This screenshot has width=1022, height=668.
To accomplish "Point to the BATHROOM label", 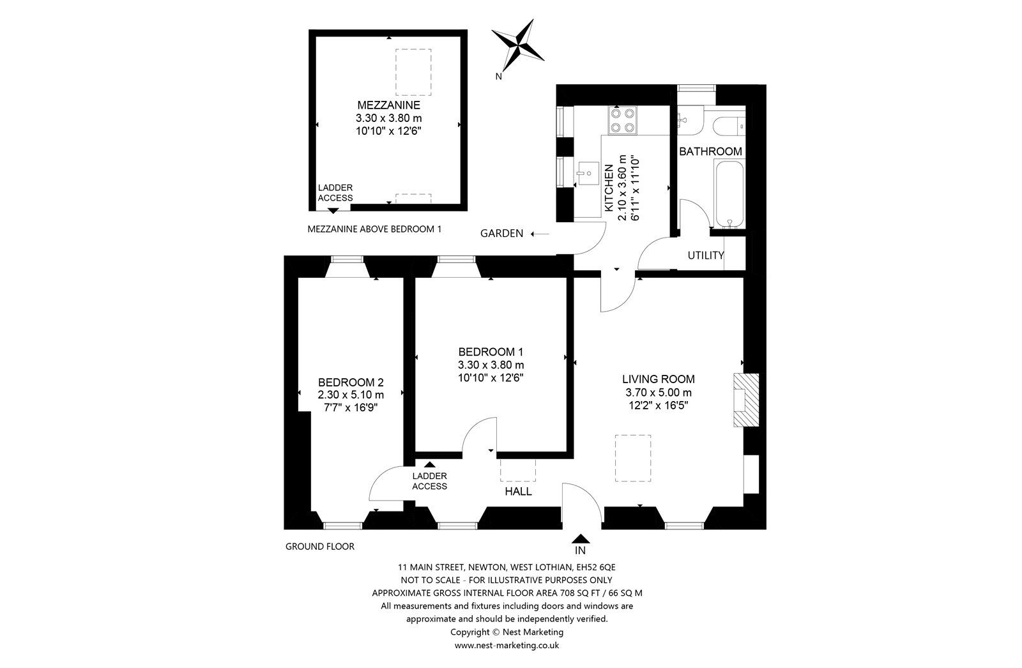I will click(x=710, y=151).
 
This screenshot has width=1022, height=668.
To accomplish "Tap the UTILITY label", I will click(x=706, y=255).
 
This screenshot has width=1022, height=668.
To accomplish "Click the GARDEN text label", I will click(x=502, y=234).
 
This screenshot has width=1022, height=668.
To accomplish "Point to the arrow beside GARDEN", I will click(x=540, y=234).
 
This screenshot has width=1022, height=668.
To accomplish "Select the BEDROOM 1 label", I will click(x=491, y=352).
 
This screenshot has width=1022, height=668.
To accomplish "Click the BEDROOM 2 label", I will click(x=351, y=383).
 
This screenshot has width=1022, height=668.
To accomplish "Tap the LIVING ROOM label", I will click(x=658, y=379).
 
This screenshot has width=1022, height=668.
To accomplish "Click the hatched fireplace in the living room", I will click(x=745, y=400).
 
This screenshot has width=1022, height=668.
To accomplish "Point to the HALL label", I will click(x=518, y=492).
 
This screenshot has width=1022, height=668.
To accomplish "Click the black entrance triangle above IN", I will click(x=581, y=538).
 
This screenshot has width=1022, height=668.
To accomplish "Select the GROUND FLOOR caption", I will click(x=319, y=547).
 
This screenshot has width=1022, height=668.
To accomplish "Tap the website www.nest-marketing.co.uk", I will click(x=507, y=646).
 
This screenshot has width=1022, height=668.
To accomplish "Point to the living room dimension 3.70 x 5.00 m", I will click(x=658, y=392).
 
